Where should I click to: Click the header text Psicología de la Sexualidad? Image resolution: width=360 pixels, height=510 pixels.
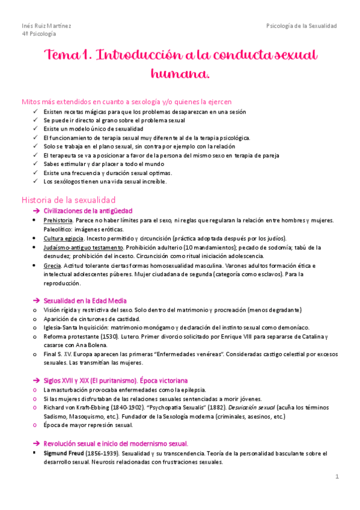coord(302,26)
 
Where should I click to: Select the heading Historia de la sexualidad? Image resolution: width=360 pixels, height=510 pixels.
coord(69,199)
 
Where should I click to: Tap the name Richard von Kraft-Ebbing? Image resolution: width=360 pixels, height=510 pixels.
coord(79,408)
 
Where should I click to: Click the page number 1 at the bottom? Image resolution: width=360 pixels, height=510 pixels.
coord(337,476)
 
